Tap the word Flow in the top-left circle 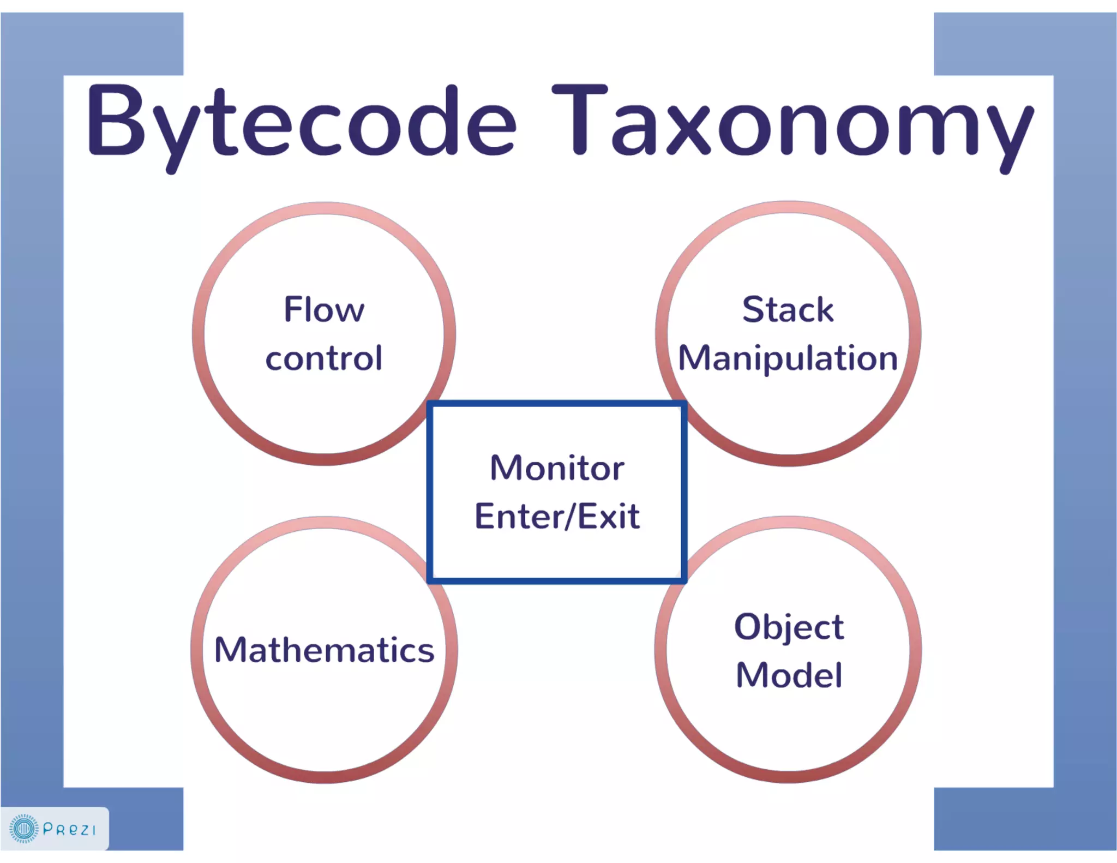(x=324, y=309)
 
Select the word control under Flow (x=324, y=358)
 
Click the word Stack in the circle (x=788, y=309)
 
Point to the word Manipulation (x=788, y=358)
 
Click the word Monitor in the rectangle (x=557, y=468)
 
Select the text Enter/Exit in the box (x=557, y=516)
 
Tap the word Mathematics (x=324, y=650)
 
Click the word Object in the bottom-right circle (x=789, y=626)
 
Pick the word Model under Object (x=789, y=675)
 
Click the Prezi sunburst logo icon (x=23, y=829)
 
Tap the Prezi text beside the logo (x=69, y=829)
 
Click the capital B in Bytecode (x=116, y=119)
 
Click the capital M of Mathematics (x=230, y=649)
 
